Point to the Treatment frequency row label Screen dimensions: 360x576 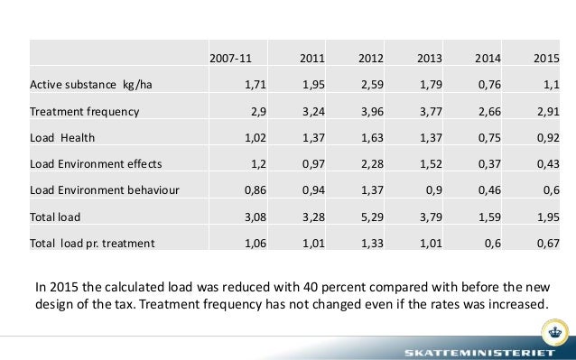pos(84,112)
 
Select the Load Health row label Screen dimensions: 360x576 pos(63,138)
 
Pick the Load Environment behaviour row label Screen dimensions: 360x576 pos(105,190)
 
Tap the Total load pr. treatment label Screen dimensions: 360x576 pos(92,243)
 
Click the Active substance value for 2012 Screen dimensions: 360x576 pos(370,85)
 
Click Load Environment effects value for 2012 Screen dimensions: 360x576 pos(370,164)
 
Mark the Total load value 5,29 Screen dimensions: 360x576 pos(370,217)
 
